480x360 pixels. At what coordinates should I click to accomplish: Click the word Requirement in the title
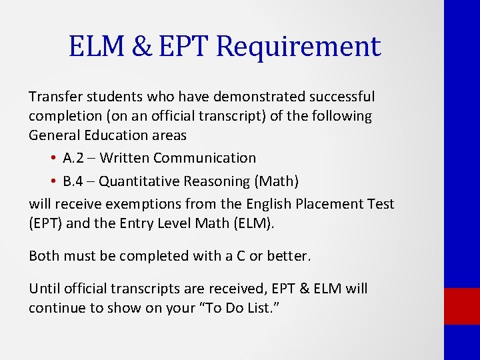coord(299,47)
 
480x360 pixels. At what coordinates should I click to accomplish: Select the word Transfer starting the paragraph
coord(53,97)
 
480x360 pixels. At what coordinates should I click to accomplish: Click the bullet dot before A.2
coord(52,159)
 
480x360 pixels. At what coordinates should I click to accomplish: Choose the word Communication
coord(205,159)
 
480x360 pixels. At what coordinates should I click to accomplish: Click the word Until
coord(44,289)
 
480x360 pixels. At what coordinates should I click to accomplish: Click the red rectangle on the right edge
coord(461,306)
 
